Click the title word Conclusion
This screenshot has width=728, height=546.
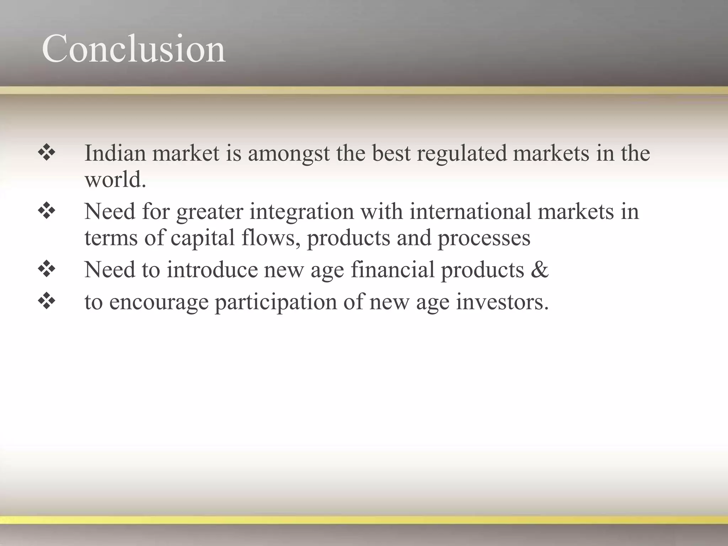click(133, 49)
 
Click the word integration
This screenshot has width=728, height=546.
click(301, 212)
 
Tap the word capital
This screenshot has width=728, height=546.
click(203, 238)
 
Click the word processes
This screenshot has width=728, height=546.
click(484, 238)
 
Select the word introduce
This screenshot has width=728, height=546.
click(212, 270)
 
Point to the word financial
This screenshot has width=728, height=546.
click(393, 270)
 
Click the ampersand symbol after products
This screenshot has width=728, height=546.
click(540, 270)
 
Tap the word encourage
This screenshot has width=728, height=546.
click(159, 303)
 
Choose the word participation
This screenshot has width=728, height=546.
click(276, 303)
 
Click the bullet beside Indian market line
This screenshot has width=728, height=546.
click(47, 153)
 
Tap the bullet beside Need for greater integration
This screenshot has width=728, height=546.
click(47, 212)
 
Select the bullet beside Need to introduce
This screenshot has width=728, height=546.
click(47, 270)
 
